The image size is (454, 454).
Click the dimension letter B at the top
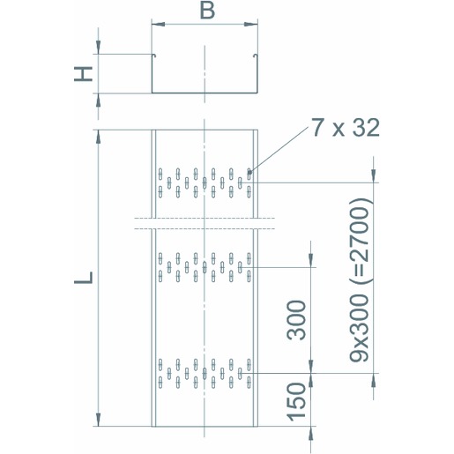click(207, 11)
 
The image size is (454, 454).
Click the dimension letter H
click(83, 74)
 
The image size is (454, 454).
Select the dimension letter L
click(83, 278)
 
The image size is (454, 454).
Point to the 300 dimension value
click(296, 320)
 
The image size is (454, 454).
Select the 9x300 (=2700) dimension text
click(359, 279)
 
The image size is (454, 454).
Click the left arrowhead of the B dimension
click(158, 24)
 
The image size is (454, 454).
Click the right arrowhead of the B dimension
click(251, 24)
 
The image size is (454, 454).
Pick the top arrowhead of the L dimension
click(99, 137)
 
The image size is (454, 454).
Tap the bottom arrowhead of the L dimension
click(99, 420)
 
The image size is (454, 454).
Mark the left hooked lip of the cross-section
click(153, 56)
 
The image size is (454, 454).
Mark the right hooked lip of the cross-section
click(256, 56)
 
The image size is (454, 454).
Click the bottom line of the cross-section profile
click(205, 93)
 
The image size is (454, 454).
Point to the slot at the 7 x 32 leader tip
click(249, 174)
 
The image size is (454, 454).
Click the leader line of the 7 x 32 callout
click(279, 149)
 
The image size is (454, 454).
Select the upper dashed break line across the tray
click(205, 218)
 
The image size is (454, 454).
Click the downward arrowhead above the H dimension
click(99, 48)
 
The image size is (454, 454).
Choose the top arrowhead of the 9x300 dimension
click(374, 176)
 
